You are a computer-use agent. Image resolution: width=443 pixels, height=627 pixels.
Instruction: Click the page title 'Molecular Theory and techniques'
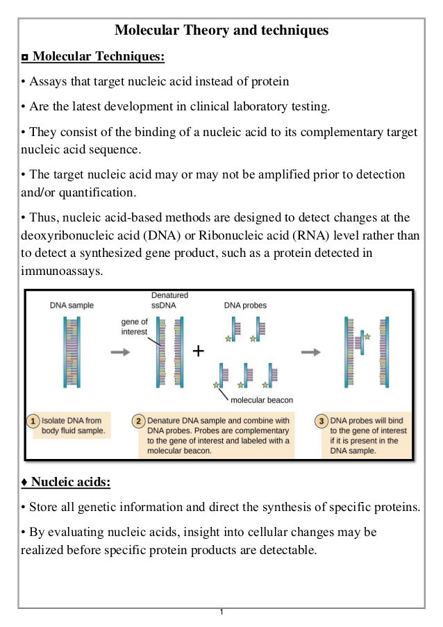click(x=221, y=31)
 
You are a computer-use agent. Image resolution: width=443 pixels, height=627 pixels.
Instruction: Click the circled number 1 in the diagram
click(x=33, y=421)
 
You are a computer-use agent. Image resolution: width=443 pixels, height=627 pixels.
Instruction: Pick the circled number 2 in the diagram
click(x=139, y=421)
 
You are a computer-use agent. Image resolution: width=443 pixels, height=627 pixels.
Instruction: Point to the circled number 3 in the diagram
click(x=322, y=421)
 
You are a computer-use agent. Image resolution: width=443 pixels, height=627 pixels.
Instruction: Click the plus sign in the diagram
click(x=199, y=351)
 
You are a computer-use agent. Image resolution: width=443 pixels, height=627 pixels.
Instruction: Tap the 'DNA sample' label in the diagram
click(x=72, y=305)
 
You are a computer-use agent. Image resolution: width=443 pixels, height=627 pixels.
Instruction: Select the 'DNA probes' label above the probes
click(x=245, y=305)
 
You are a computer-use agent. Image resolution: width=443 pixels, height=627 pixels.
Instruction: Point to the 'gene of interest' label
click(x=134, y=327)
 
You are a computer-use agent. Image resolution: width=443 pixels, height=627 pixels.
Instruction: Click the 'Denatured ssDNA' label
click(x=169, y=300)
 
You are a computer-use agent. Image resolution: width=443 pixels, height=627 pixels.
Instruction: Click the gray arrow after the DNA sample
click(x=119, y=352)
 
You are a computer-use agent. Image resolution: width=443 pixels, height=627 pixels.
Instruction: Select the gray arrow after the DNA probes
click(x=310, y=352)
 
